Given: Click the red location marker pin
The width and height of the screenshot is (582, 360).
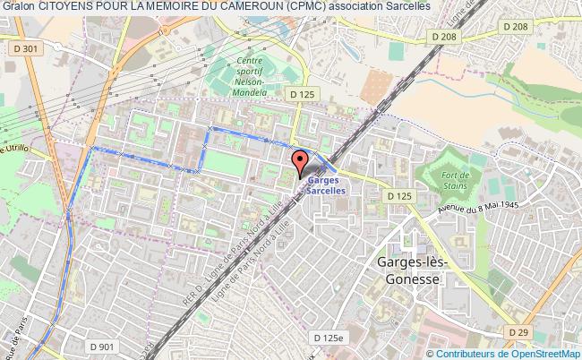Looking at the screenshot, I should point(300,162).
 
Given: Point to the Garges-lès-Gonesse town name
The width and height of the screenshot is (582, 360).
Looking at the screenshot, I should point(408,270).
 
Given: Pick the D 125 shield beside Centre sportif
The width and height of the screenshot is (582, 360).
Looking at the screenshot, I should point(300,92).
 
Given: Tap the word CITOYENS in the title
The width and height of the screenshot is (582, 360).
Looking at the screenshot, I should point(69,6).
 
